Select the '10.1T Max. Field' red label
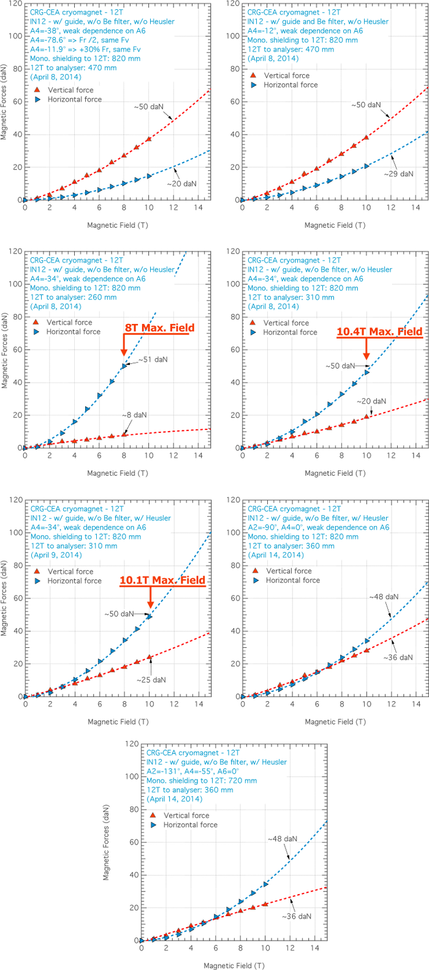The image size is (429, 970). click(162, 580)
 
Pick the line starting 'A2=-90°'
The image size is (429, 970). click(319, 527)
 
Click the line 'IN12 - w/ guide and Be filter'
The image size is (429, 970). click(318, 21)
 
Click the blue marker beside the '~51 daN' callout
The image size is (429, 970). click(124, 366)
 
